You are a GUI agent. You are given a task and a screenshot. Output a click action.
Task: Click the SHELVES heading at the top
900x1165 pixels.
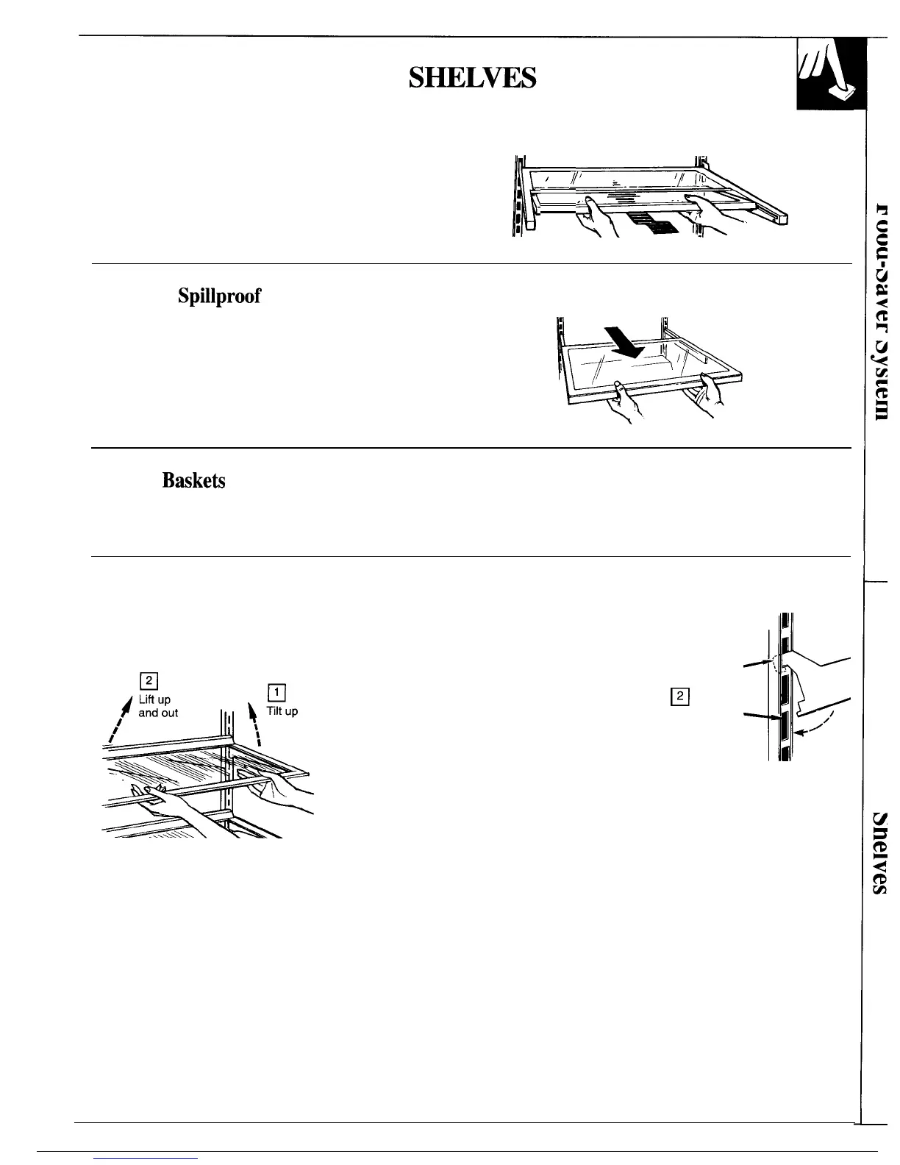tap(472, 77)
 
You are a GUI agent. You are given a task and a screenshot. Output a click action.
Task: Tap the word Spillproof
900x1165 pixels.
tap(219, 296)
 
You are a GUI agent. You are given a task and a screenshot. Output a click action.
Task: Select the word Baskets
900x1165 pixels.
tap(193, 480)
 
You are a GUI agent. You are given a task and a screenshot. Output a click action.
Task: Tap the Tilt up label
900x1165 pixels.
tap(282, 711)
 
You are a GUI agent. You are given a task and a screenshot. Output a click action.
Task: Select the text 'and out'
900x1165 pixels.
tap(158, 713)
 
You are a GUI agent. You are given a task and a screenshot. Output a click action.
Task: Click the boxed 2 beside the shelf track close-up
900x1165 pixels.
tap(679, 696)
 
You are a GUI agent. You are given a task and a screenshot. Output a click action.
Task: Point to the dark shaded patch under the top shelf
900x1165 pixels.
tap(657, 224)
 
